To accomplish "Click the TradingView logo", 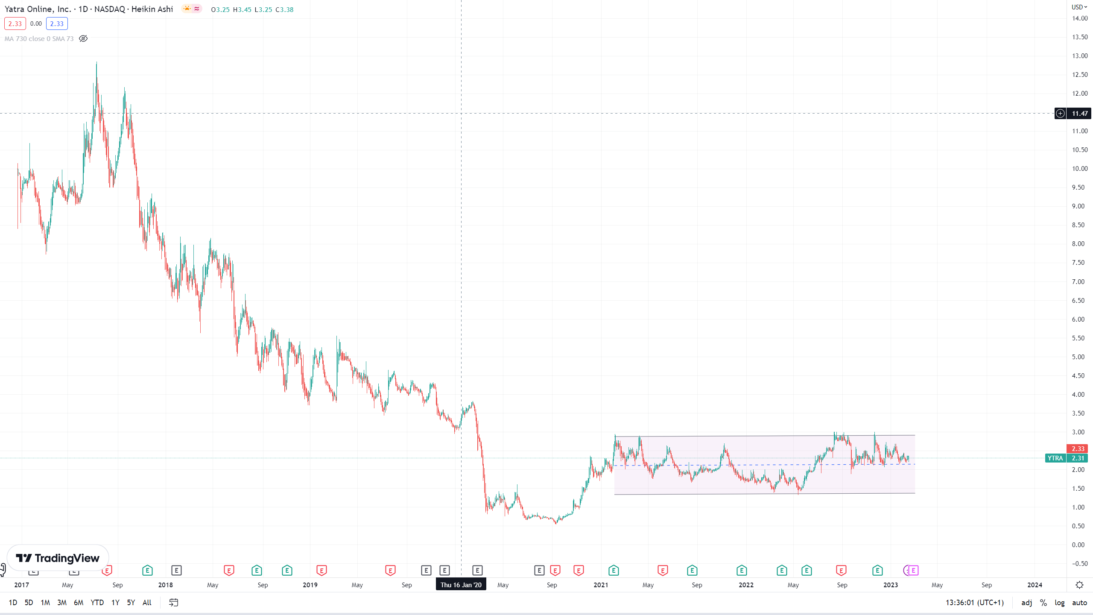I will (58, 558).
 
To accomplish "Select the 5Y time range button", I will (131, 603).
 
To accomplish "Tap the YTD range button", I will (97, 603).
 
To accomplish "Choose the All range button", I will (147, 603).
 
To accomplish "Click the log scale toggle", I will (1059, 603).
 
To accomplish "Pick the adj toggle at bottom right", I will (1026, 603).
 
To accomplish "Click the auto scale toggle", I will (1079, 603).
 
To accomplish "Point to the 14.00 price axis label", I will (1080, 18).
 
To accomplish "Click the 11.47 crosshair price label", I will (1079, 114).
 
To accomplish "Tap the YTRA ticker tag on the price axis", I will (1055, 458).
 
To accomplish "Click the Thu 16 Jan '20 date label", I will (461, 585).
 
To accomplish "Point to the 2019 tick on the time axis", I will (310, 585).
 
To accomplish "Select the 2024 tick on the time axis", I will (1035, 585).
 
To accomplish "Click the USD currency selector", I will (1079, 7).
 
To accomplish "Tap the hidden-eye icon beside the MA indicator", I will (83, 39).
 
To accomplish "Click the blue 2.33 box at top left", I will (57, 24).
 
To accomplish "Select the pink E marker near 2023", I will (913, 570).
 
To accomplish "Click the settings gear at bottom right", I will (1079, 585).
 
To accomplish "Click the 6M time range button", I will (79, 603).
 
